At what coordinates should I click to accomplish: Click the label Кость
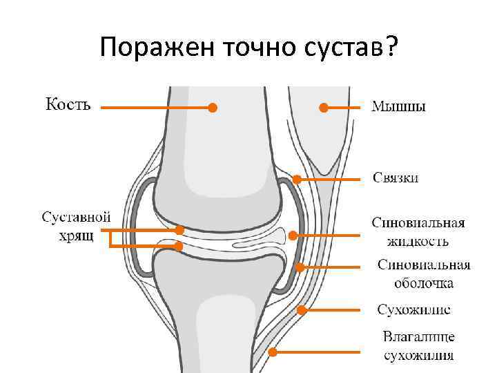point(68,105)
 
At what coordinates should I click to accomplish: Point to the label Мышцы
point(399,107)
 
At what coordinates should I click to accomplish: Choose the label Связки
point(396,178)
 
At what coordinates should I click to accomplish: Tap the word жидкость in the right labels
point(418,241)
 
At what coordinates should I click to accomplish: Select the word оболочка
point(424,283)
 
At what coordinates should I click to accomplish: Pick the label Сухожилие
point(414,309)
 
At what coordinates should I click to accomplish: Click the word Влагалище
point(419,338)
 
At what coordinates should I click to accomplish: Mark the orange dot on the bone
point(213,107)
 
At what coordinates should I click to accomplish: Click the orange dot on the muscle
point(322,107)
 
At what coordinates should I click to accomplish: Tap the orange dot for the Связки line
point(296,179)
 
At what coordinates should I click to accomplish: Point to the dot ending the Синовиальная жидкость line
point(293,235)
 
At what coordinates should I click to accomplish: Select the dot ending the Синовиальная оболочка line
point(300,267)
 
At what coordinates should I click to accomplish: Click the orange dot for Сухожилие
point(302,309)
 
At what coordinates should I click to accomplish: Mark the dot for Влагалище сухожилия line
point(273,352)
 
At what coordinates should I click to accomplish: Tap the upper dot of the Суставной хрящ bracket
point(179,229)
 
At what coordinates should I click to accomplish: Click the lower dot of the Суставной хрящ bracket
point(179,246)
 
